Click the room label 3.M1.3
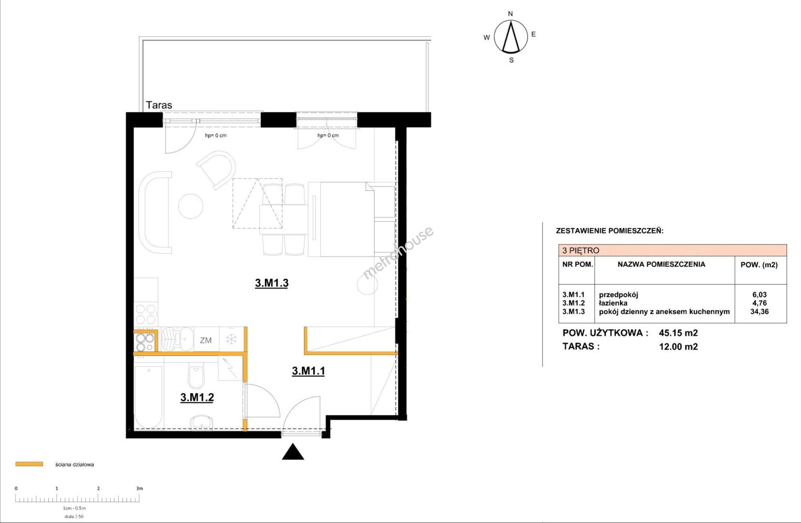click(x=272, y=283)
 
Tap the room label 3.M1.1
click(x=308, y=371)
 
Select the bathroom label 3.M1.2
click(x=197, y=397)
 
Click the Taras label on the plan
click(x=159, y=105)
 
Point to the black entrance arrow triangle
click(x=293, y=452)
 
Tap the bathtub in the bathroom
click(x=149, y=396)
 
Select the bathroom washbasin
click(x=201, y=422)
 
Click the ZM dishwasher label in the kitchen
click(x=206, y=340)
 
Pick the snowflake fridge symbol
click(x=231, y=339)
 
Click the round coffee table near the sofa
click(x=191, y=206)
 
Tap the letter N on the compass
click(x=510, y=14)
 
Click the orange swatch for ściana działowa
click(x=29, y=464)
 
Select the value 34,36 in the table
click(x=759, y=311)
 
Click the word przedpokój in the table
click(x=619, y=295)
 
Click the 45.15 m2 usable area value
click(x=679, y=333)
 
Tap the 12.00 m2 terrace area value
click(x=679, y=347)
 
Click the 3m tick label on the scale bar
click(x=139, y=488)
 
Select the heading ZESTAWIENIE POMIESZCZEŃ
click(x=610, y=231)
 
